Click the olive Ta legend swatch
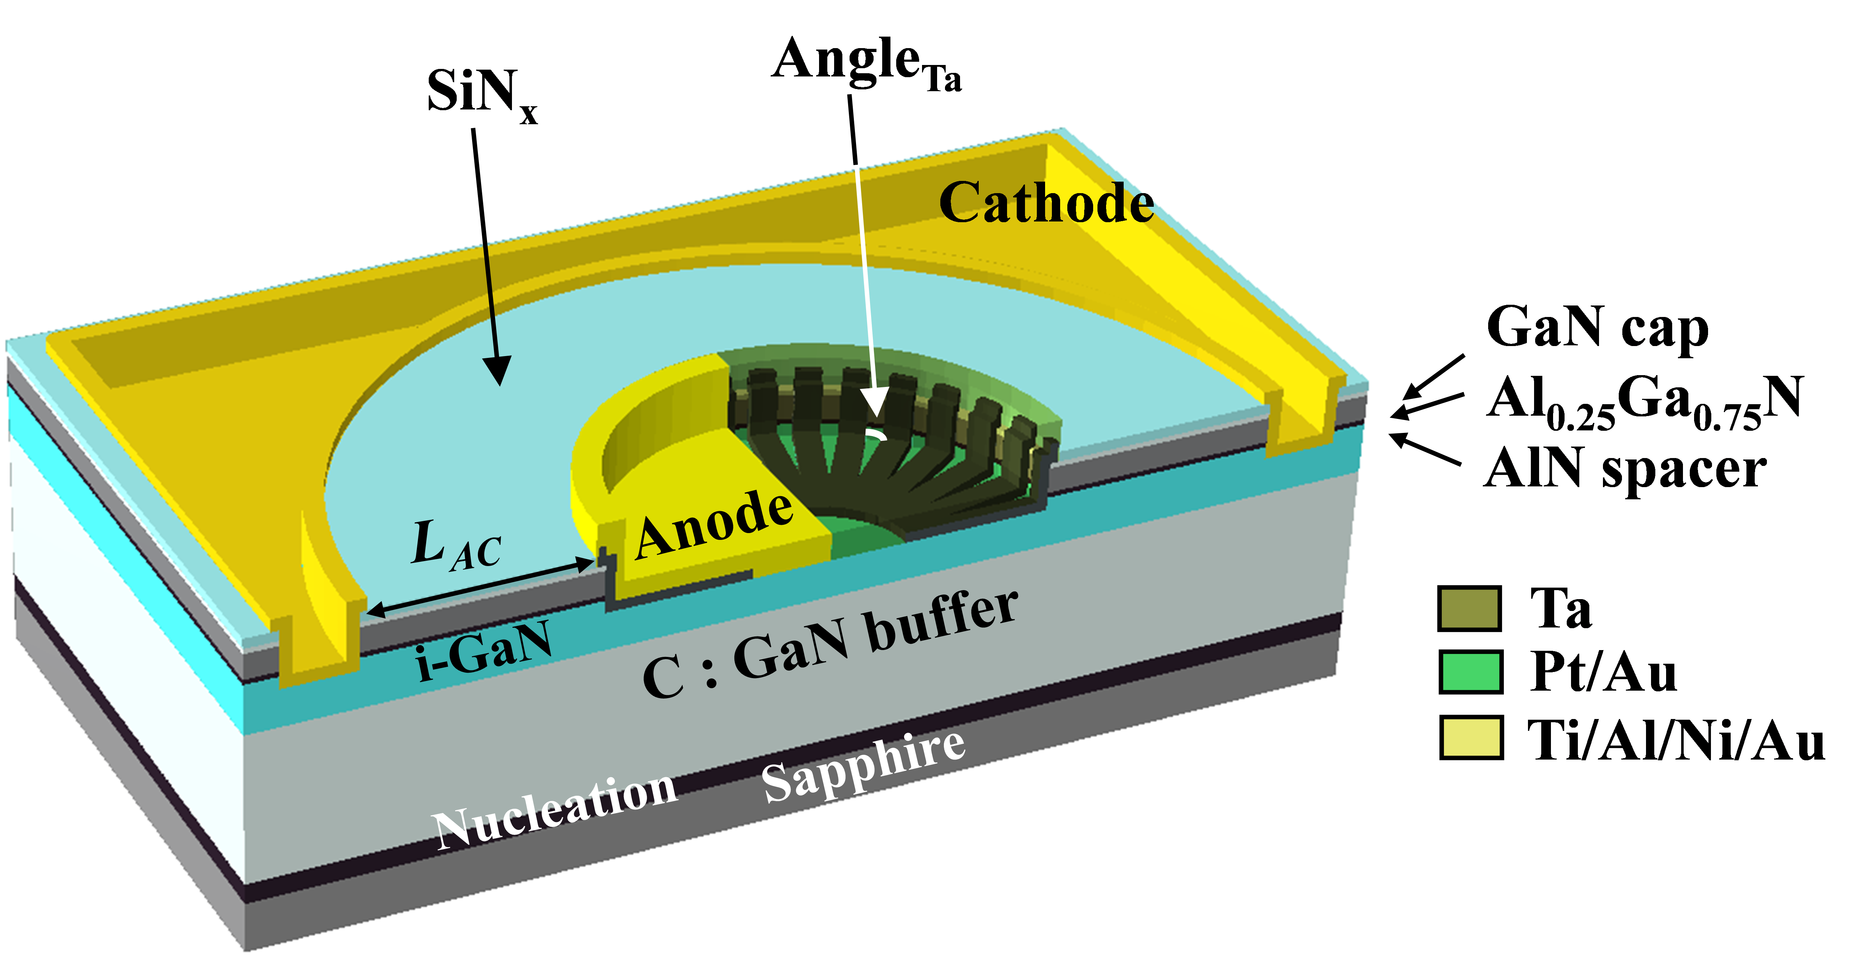[1470, 609]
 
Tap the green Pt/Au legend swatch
[1470, 672]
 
